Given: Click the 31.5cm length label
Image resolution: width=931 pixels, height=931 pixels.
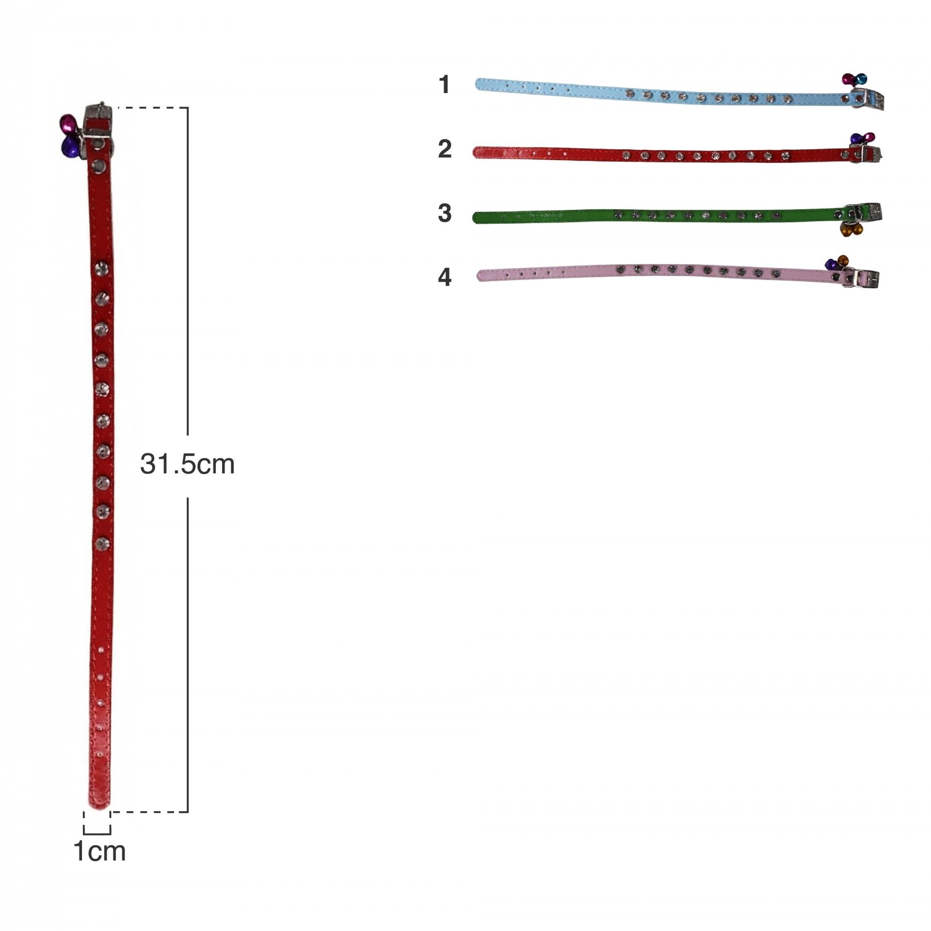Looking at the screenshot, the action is click(x=187, y=465).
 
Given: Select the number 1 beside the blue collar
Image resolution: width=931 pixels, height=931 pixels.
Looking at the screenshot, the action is click(x=444, y=85).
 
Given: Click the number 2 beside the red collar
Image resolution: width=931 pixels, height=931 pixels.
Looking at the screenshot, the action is click(x=445, y=149).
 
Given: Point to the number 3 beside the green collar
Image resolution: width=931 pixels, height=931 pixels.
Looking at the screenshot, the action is click(x=445, y=213).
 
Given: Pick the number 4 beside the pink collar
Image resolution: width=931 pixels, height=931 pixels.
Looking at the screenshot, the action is click(x=445, y=277).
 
